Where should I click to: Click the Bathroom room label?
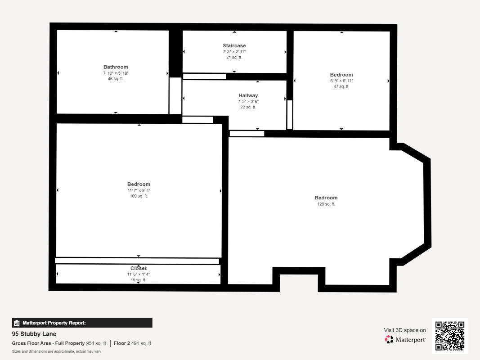116,67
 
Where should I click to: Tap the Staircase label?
234,45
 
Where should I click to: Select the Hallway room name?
248,95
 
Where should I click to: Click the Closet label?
139,268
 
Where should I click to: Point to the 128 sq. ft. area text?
326,204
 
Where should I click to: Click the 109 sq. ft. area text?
139,196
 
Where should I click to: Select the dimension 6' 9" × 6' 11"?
341,81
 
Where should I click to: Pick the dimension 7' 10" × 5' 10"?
116,73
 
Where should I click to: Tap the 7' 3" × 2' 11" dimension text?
234,52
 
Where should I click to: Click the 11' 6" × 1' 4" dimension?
139,274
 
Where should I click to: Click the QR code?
450,336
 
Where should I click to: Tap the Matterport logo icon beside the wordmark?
389,339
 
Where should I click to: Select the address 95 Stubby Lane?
34,334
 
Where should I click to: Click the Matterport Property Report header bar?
82,323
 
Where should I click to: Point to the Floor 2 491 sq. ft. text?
133,343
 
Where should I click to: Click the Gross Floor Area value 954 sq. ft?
96,343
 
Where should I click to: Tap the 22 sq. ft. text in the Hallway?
248,107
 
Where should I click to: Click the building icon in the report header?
17,323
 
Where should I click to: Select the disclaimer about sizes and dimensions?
57,351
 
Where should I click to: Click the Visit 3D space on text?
405,330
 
